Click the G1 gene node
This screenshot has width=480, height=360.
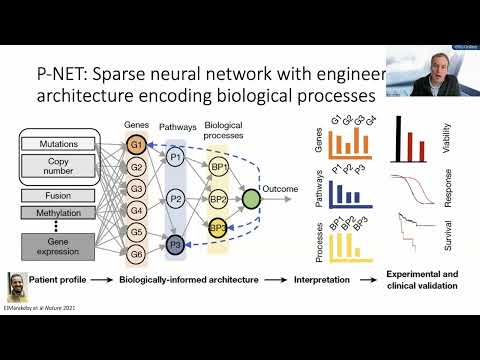click(137, 145)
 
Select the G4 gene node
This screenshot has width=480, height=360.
click(137, 210)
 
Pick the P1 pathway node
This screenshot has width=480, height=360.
click(175, 157)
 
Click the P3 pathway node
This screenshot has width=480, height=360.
click(175, 243)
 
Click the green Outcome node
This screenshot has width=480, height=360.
click(251, 198)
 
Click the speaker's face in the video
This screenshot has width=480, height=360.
click(426, 38)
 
